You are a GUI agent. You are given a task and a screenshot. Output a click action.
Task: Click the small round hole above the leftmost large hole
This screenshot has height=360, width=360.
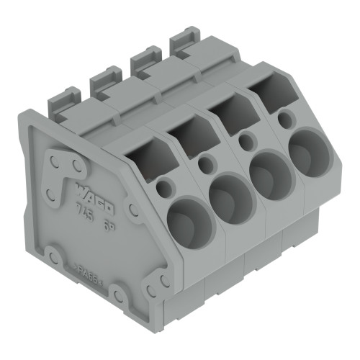[x=164, y=189]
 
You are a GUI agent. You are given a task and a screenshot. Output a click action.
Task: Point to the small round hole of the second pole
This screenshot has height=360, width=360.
[x=206, y=165]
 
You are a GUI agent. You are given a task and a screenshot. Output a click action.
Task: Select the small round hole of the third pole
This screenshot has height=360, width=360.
[x=247, y=142]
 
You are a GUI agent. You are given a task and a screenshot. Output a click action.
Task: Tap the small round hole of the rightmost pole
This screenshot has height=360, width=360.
[x=286, y=119]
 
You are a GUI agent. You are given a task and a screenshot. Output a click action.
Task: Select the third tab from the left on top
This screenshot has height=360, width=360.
[x=146, y=57]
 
